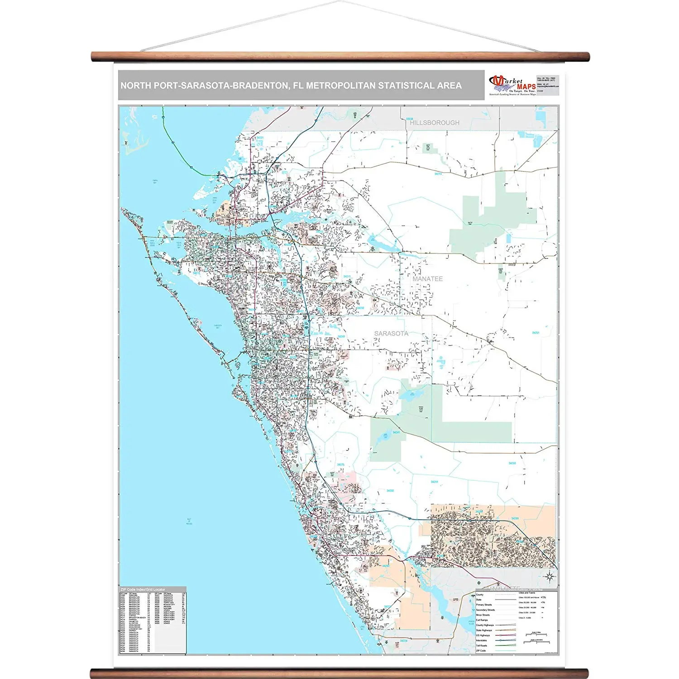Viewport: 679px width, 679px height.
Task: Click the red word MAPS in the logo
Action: click(x=526, y=86)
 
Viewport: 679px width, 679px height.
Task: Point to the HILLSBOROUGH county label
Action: click(x=435, y=123)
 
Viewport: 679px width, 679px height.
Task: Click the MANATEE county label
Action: click(x=427, y=279)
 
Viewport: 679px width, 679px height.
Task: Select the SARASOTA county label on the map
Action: click(x=391, y=334)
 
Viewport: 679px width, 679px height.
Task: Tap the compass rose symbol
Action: click(x=550, y=576)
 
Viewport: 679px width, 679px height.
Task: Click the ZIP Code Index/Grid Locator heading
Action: click(x=143, y=589)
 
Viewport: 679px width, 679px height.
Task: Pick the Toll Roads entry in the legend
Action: click(x=482, y=646)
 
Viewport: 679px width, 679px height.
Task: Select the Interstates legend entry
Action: click(x=482, y=641)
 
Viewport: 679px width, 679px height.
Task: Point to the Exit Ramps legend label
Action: click(x=482, y=620)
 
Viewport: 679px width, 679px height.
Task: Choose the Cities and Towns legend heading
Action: click(x=527, y=593)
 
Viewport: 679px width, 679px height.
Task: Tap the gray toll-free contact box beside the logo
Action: click(x=548, y=86)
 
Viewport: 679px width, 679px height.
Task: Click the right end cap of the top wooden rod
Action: click(x=587, y=57)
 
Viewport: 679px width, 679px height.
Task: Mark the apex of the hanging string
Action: click(x=339, y=2)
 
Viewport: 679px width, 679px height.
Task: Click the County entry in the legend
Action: click(x=480, y=595)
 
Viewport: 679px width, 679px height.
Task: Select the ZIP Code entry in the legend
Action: click(x=481, y=650)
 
